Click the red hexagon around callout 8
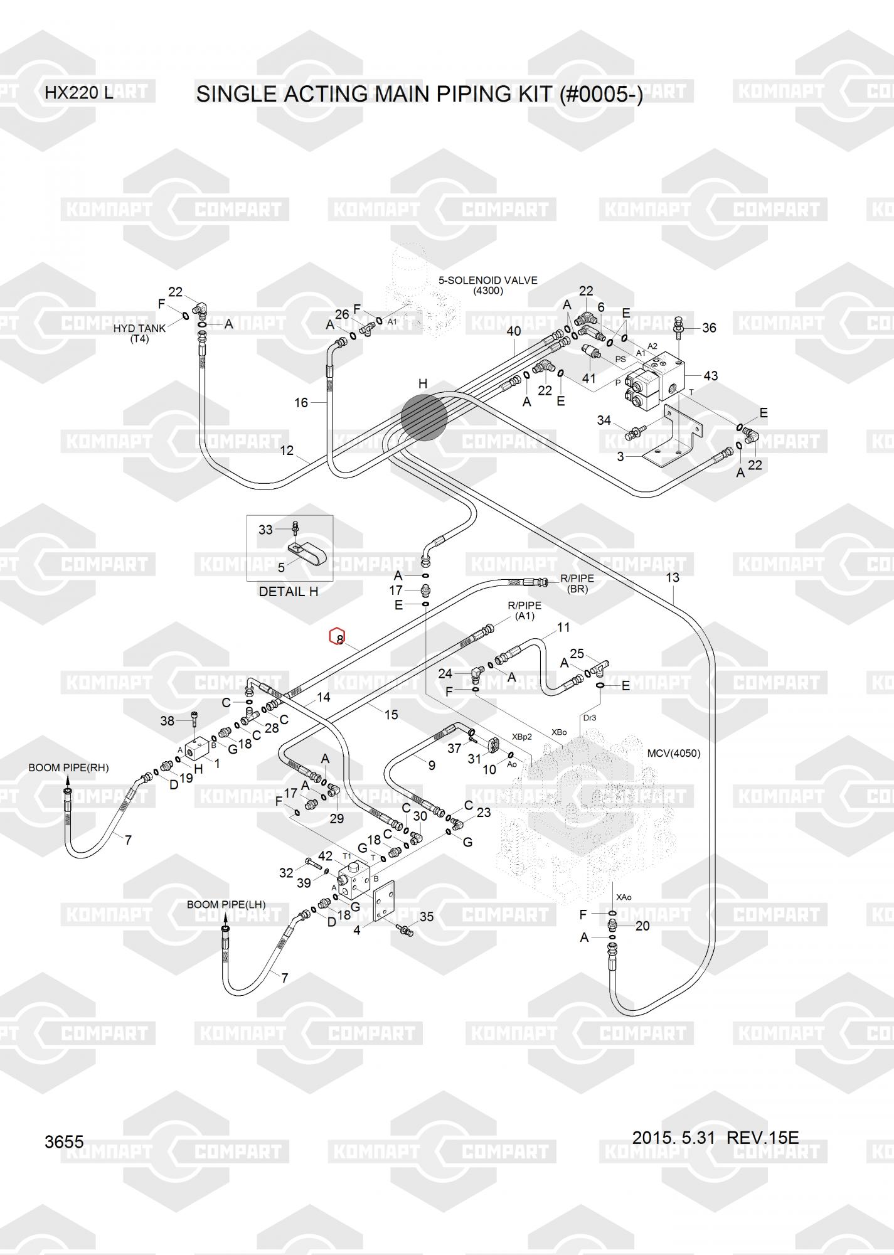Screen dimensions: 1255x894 pos(338,636)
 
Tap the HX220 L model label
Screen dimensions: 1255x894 pos(79,93)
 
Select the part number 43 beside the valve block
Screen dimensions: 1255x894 pos(710,376)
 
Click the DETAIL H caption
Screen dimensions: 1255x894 pos(289,592)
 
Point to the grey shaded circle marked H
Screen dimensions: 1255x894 pos(423,417)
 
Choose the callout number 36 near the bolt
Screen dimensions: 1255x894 pos(708,328)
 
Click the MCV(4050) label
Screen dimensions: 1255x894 pos(674,753)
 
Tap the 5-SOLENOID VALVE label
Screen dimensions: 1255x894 pos(488,280)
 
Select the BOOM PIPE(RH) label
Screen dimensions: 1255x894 pos(68,767)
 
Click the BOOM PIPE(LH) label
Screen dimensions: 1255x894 pos(226,904)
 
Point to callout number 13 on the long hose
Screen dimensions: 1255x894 pos(672,577)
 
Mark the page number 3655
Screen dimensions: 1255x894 pos(64,1141)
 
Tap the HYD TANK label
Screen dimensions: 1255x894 pos(139,328)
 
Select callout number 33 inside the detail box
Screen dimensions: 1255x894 pos(265,530)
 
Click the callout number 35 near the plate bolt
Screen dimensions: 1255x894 pos(426,917)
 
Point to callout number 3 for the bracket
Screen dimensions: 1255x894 pos(620,457)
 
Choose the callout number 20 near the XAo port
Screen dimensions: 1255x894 pos(642,926)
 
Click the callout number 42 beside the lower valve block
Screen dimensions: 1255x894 pos(325,856)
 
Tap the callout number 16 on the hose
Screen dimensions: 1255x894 pos(301,402)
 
